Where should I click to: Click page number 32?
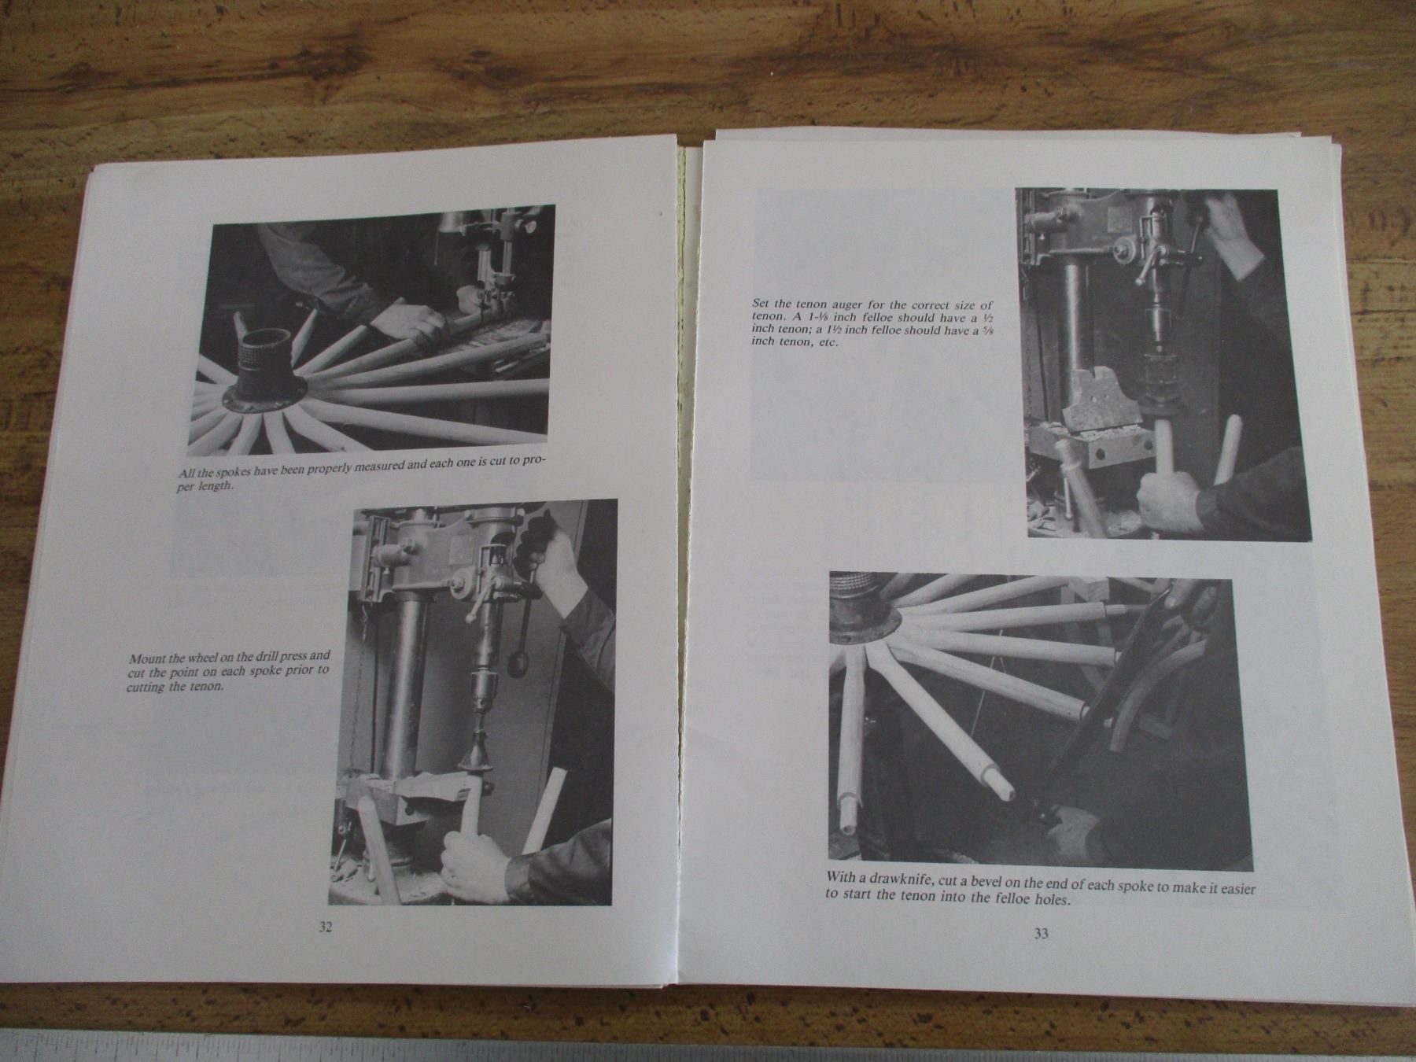(x=326, y=927)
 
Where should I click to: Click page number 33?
(x=1041, y=934)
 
